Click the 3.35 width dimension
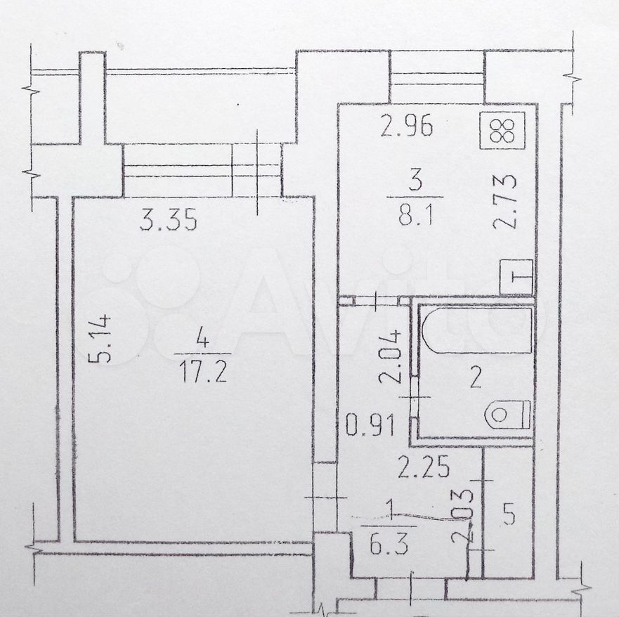pos(169,220)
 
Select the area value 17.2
pos(203,372)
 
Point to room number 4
pos(203,339)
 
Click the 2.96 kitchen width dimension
pos(407,126)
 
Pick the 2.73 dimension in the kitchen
pos(505,202)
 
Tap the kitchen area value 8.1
pos(416,215)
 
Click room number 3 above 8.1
pos(416,181)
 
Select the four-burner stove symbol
pos(502,131)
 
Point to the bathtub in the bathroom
pos(477,330)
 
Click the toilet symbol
pos(508,415)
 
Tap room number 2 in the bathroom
pos(476,378)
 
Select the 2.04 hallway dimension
pos(390,356)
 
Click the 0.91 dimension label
pos(370,426)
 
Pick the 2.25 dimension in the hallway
pos(424,467)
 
